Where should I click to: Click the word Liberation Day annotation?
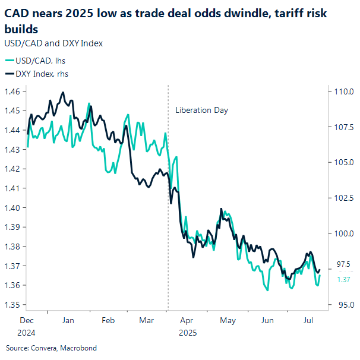tap(201, 110)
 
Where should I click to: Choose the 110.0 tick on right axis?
tap(345, 91)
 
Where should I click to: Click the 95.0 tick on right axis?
tap(345, 305)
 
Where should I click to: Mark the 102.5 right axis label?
tap(345, 198)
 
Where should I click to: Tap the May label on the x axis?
tap(228, 320)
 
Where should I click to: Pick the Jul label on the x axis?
tap(309, 320)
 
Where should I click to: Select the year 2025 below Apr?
tap(187, 333)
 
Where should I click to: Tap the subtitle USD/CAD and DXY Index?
tap(53, 43)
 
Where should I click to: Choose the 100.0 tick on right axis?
tap(345, 233)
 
